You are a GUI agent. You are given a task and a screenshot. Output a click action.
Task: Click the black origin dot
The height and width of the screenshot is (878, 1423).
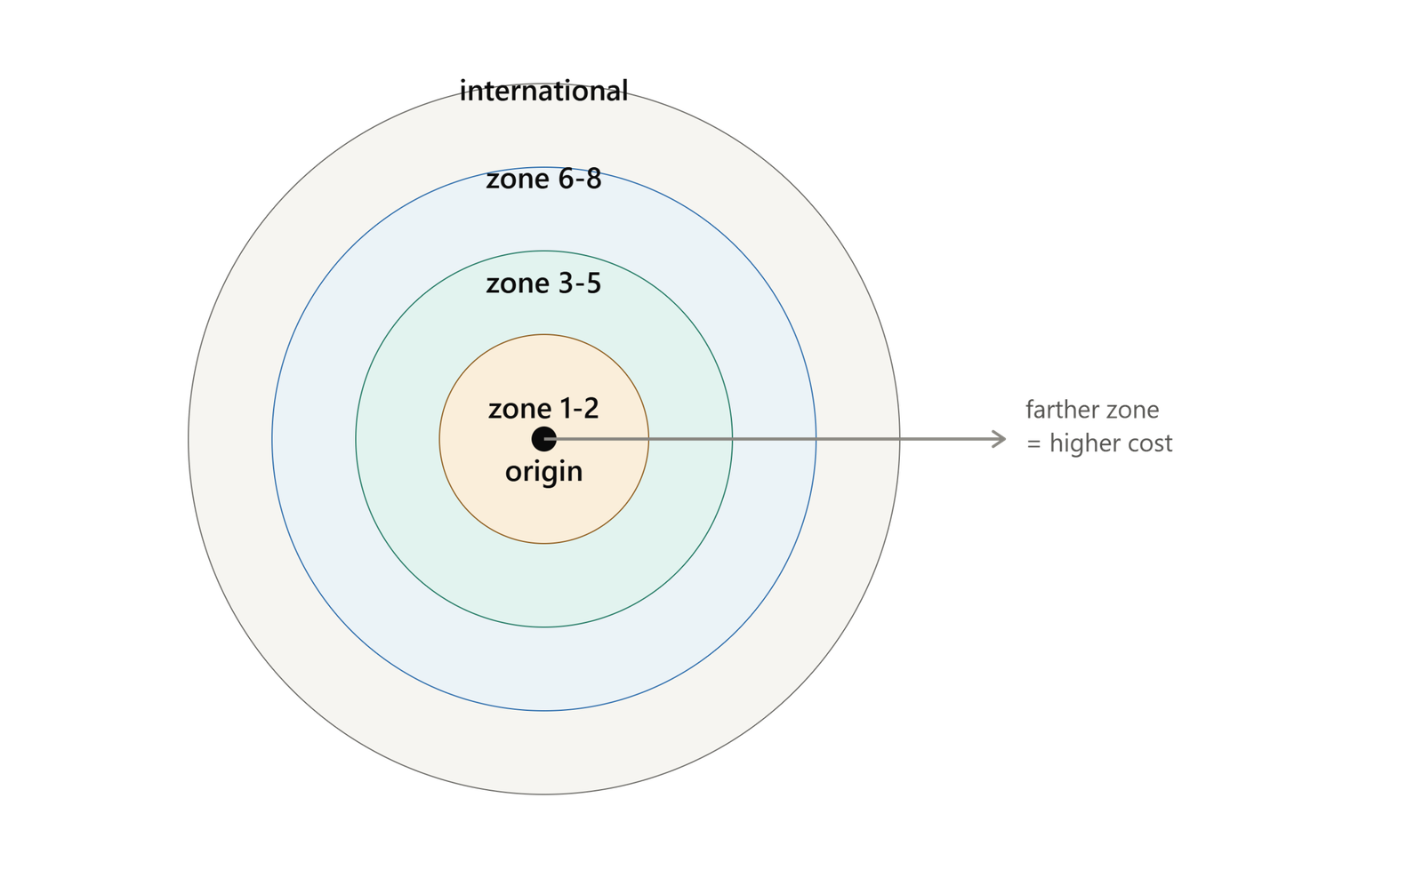point(543,439)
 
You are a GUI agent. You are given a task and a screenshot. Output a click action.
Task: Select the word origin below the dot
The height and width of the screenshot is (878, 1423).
point(543,473)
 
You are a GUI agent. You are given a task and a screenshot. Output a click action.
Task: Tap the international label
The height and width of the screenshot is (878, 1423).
point(543,91)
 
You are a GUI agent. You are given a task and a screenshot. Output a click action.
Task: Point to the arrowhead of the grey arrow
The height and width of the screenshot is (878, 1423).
point(1000,439)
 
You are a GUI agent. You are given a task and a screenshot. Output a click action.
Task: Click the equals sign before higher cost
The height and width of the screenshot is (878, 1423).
point(1034,443)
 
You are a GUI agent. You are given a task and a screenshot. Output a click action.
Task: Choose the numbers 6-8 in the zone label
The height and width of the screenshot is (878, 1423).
point(580,179)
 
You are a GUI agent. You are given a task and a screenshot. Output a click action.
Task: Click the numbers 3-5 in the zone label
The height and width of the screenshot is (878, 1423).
point(580,283)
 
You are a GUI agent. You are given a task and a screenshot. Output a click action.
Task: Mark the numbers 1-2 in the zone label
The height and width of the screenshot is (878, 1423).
point(580,409)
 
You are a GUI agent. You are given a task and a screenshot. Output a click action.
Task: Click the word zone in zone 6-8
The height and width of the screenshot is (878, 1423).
point(518,180)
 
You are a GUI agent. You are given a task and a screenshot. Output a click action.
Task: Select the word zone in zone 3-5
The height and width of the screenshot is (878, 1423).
point(518,284)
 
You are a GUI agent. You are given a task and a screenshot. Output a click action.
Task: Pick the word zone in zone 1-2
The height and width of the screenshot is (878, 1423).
point(520,410)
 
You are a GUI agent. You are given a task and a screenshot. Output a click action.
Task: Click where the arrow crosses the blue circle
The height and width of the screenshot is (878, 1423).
point(816,439)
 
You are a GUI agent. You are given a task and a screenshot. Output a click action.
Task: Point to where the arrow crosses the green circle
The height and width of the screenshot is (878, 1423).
point(733,439)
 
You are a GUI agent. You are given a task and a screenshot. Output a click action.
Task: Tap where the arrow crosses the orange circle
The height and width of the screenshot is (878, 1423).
point(648,439)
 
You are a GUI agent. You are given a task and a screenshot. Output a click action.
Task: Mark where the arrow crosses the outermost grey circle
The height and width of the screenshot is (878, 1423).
point(899,439)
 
